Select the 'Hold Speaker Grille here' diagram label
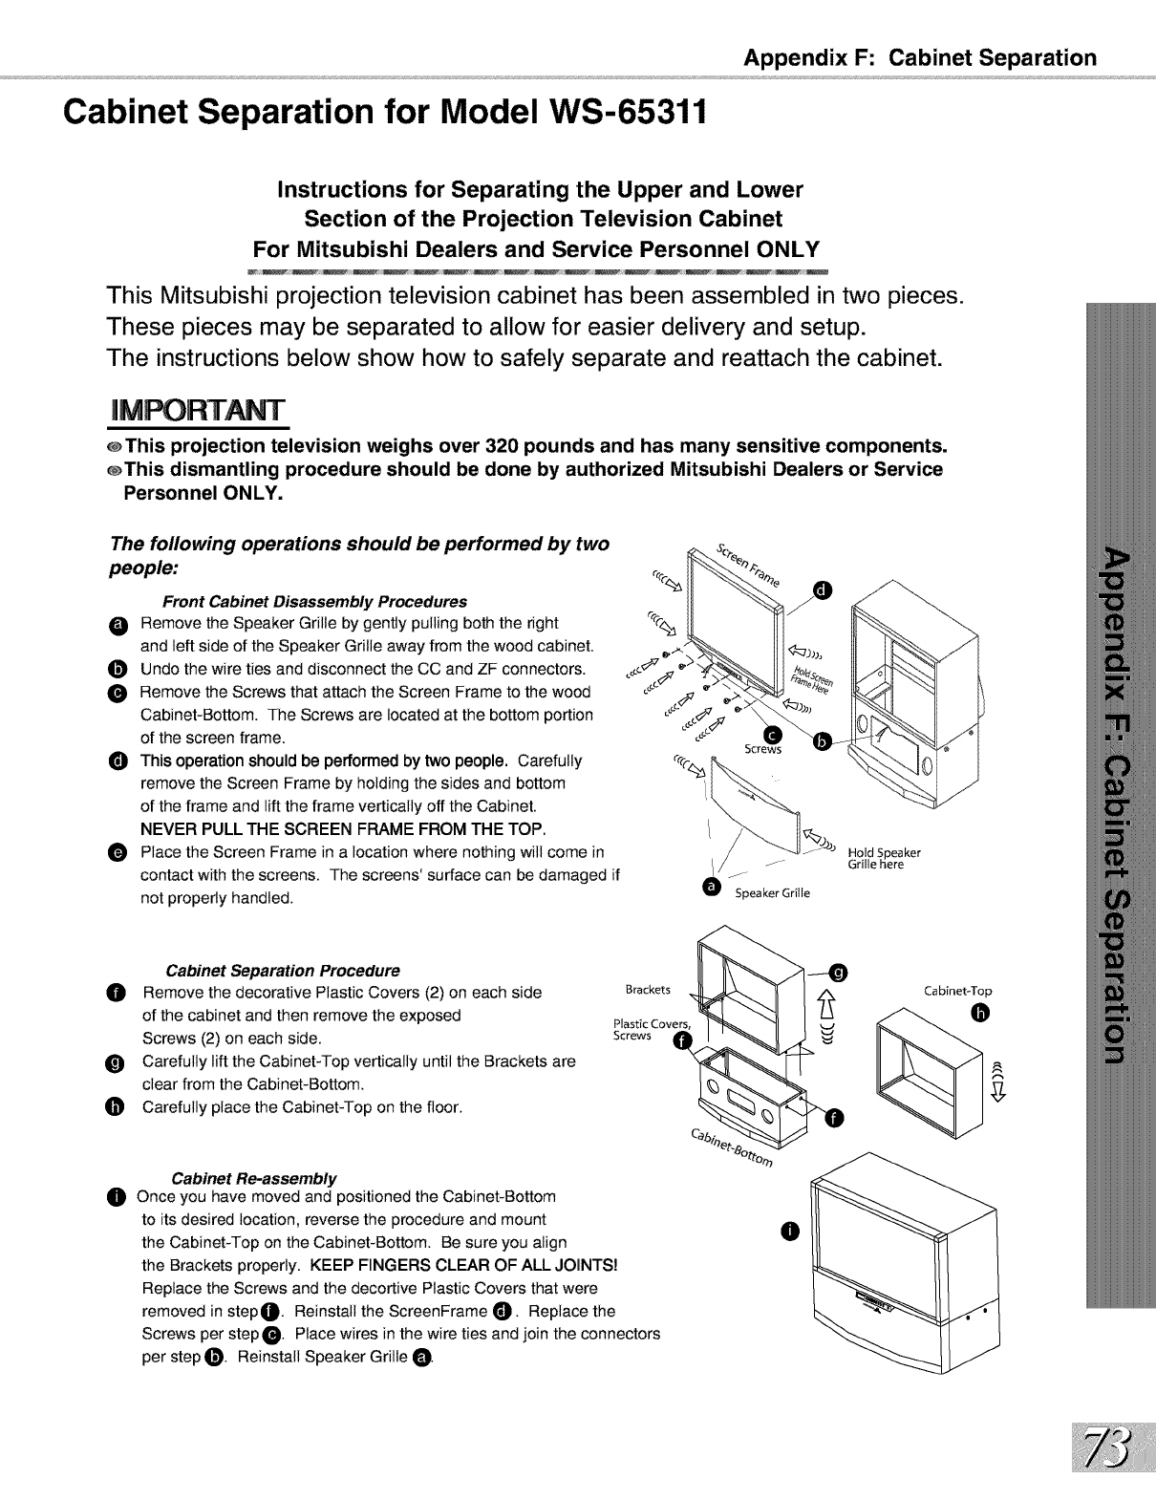[x=884, y=858]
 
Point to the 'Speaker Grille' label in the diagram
[x=772, y=893]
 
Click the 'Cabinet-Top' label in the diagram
[x=958, y=991]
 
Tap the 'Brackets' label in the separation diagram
[x=647, y=989]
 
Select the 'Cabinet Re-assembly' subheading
[x=253, y=1176]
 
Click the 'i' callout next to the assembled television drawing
[x=786, y=1232]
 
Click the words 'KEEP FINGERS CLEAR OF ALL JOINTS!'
[x=464, y=1265]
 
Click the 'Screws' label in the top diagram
[x=762, y=749]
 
